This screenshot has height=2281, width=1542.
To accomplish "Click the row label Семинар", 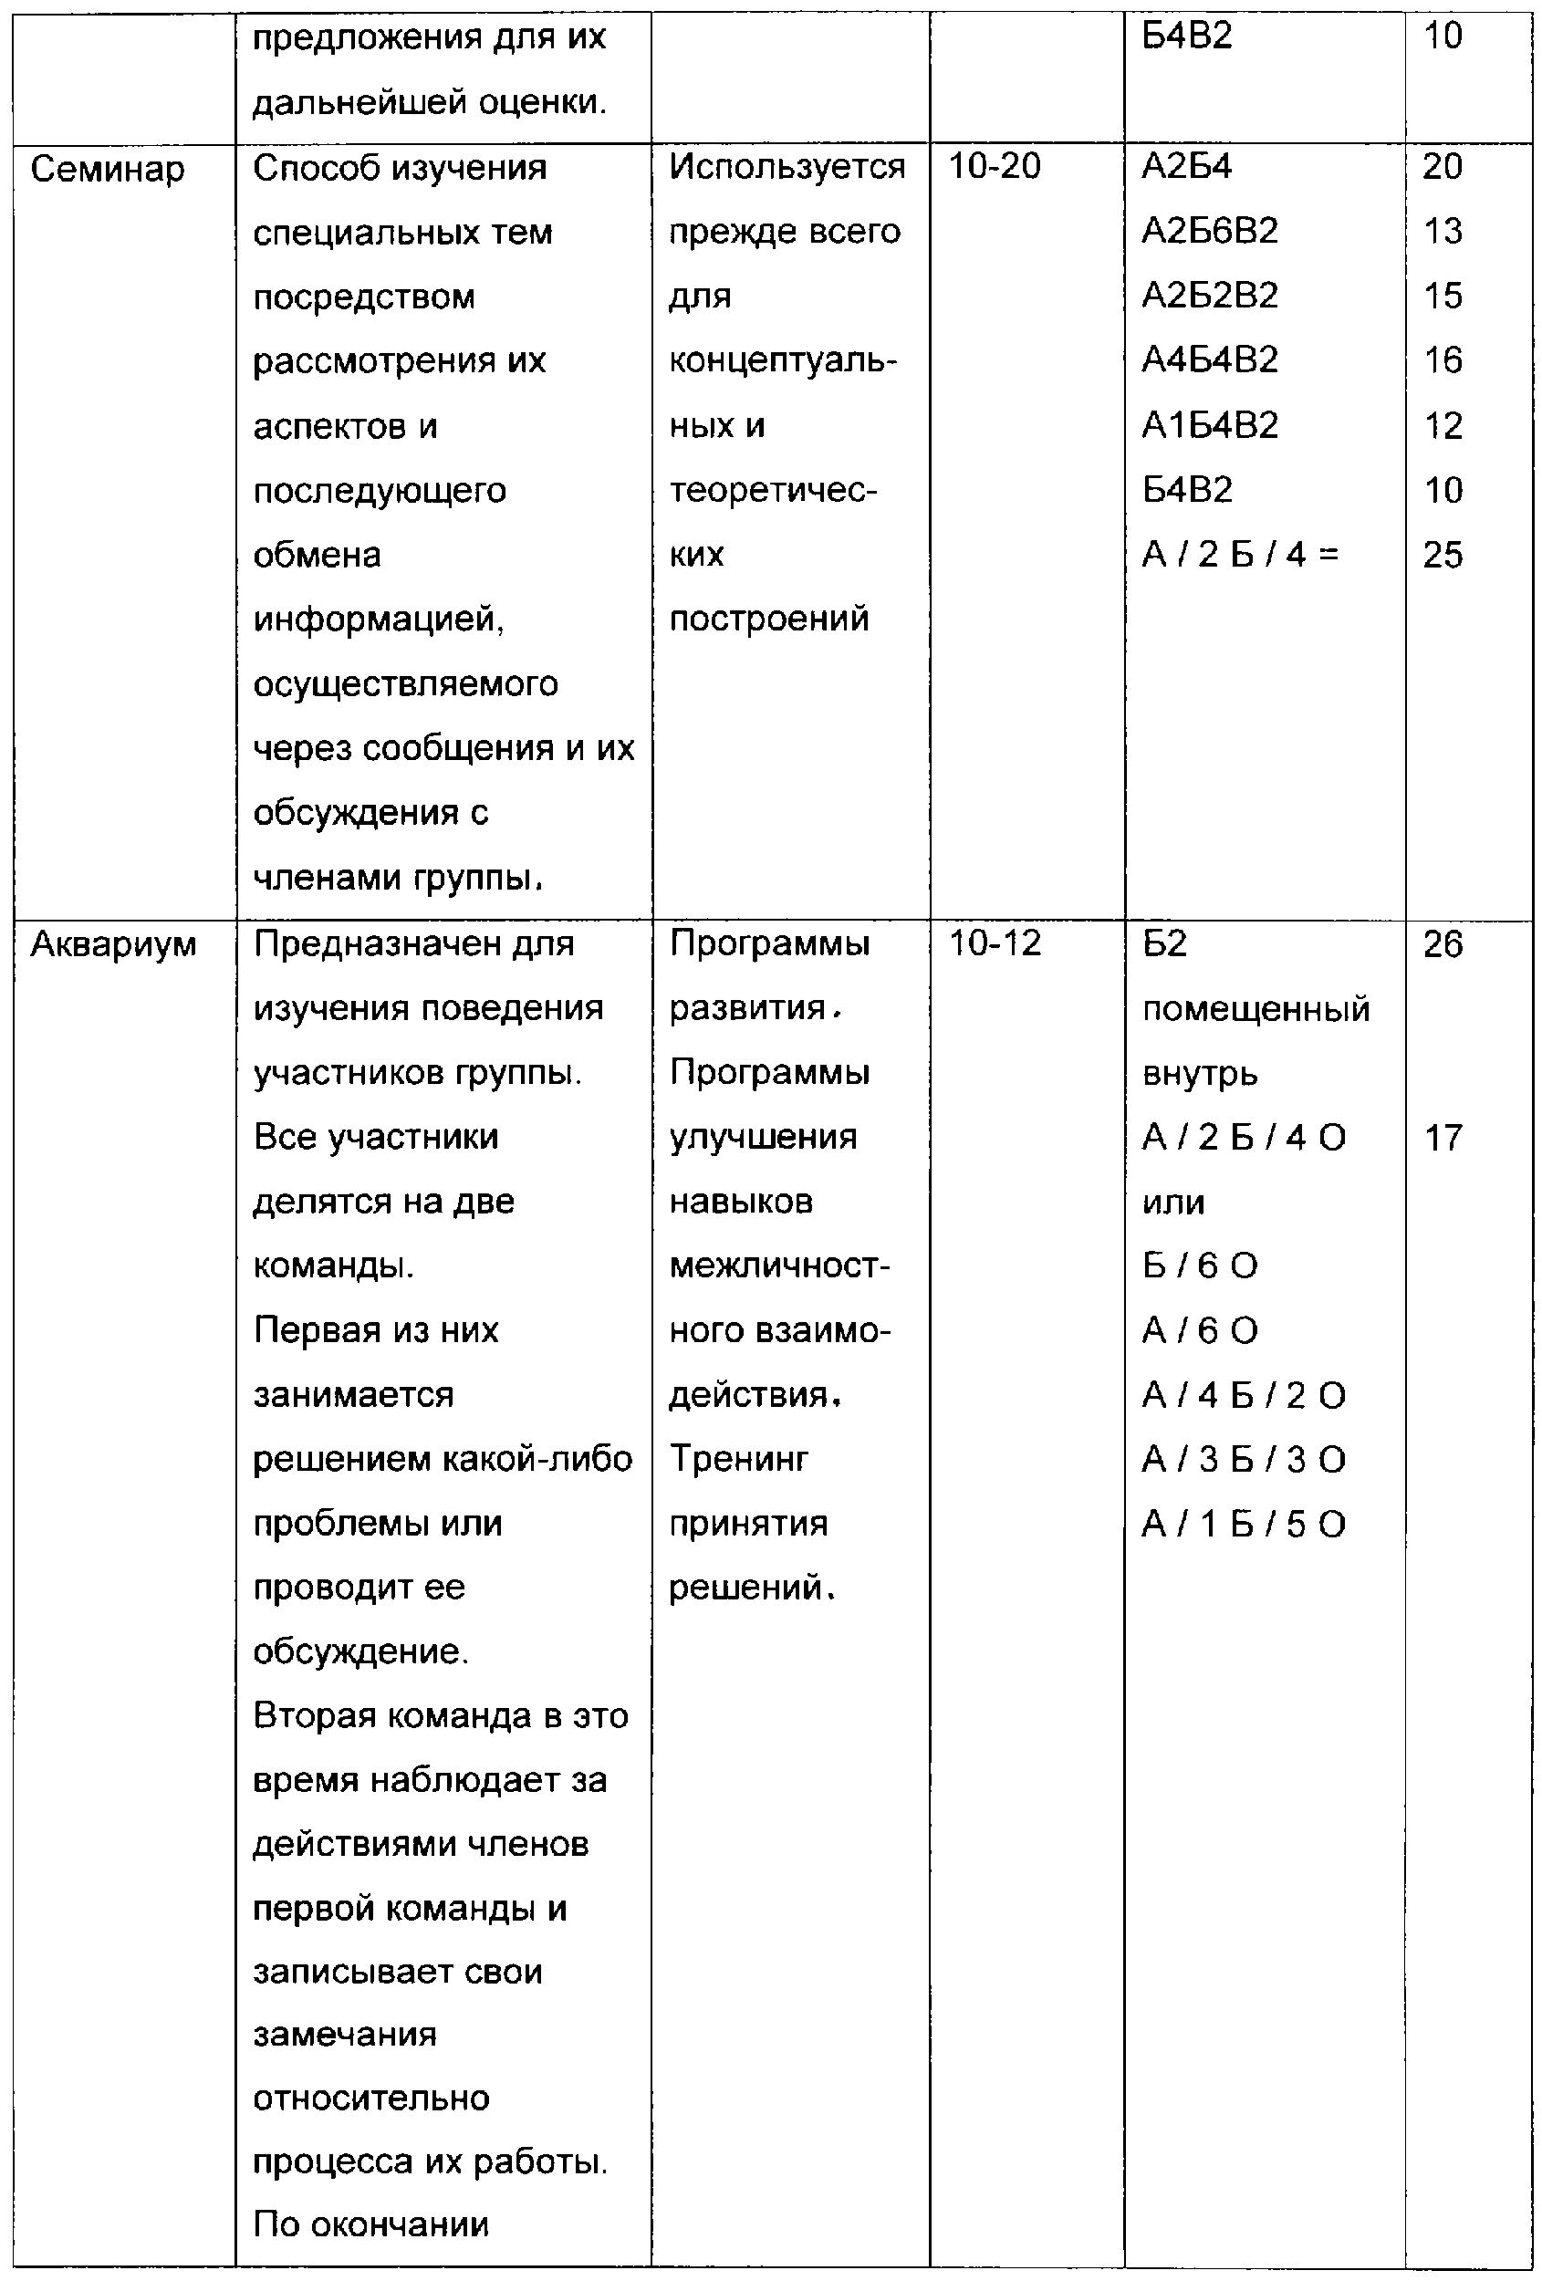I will click(x=107, y=169).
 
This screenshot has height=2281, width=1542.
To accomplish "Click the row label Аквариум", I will click(x=113, y=944).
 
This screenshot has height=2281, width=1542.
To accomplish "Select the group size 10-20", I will click(x=994, y=166).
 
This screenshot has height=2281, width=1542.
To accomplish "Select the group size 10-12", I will click(x=994, y=943).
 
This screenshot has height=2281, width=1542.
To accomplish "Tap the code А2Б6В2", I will click(x=1209, y=231).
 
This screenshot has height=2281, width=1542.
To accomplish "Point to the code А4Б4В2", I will click(x=1209, y=360).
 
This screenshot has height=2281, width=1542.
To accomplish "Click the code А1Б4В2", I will click(x=1209, y=425).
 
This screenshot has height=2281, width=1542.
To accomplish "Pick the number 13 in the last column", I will click(x=1442, y=231).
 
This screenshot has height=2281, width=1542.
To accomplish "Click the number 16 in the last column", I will click(x=1442, y=360).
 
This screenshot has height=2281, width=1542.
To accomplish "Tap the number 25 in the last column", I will click(x=1442, y=555).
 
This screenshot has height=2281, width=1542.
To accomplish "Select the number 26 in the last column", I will click(x=1442, y=944).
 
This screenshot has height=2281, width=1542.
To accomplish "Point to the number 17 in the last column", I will click(x=1442, y=1138).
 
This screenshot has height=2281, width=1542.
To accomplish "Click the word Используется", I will click(x=787, y=167).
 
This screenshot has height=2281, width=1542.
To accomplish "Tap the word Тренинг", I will click(x=738, y=1460).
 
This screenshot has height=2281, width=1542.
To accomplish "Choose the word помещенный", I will click(x=1255, y=1009).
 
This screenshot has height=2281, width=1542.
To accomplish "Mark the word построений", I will click(x=768, y=620).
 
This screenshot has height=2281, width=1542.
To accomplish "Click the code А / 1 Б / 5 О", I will click(x=1243, y=1525).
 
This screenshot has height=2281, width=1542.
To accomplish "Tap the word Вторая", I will click(x=306, y=1716).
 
